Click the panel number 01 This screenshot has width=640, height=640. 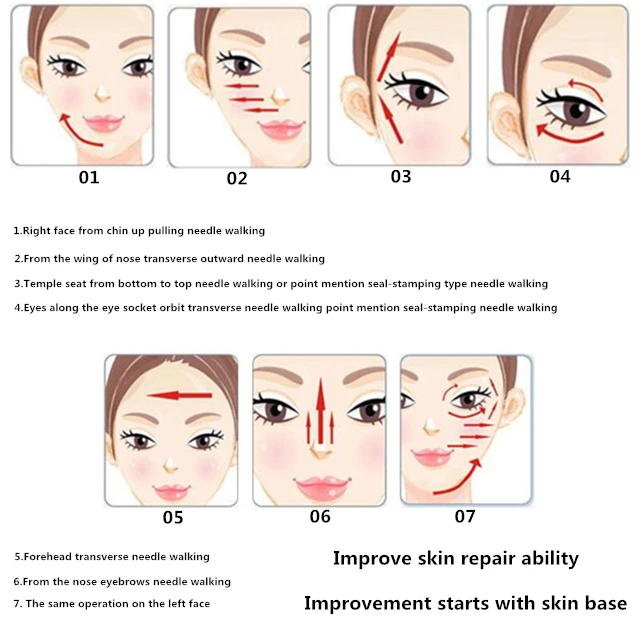coord(89,178)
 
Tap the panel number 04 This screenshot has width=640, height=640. coord(560,177)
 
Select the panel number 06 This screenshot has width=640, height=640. coord(320,516)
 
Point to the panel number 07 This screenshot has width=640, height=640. coord(465,516)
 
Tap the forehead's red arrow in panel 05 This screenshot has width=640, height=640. coord(180,395)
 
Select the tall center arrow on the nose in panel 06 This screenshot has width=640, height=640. coord(321,411)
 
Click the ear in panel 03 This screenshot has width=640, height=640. coord(356,105)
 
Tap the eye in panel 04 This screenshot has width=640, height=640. coord(573,110)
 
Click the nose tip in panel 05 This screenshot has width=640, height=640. coord(171,464)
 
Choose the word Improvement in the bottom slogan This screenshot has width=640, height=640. coord(367,604)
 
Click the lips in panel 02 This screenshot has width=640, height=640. coord(282,130)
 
